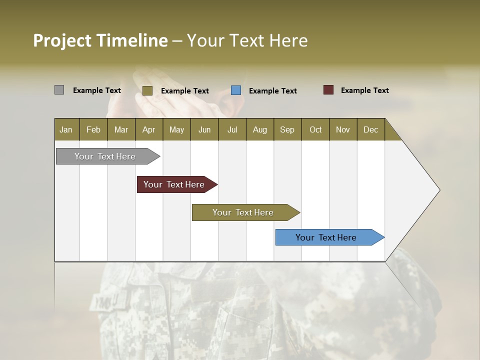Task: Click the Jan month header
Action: pyautogui.click(x=66, y=129)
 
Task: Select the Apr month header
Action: pyautogui.click(x=149, y=129)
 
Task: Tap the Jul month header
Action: pyautogui.click(x=232, y=129)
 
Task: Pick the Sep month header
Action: pyautogui.click(x=287, y=129)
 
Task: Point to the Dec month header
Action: pyautogui.click(x=370, y=129)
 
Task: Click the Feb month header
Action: pyautogui.click(x=93, y=129)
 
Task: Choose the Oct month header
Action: pyautogui.click(x=315, y=129)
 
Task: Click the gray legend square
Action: pyautogui.click(x=59, y=90)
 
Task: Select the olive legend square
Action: pyautogui.click(x=147, y=90)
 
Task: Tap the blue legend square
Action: pyautogui.click(x=236, y=90)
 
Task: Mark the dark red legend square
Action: pyautogui.click(x=328, y=90)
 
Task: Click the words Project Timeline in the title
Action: pyautogui.click(x=100, y=40)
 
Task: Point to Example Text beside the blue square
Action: pyautogui.click(x=272, y=91)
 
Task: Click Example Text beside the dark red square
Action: pyautogui.click(x=364, y=90)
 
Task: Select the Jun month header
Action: pyautogui.click(x=204, y=129)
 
